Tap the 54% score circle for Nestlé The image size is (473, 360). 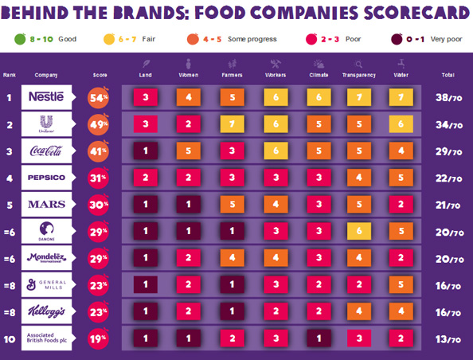tap(99, 96)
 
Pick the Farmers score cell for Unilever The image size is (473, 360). tap(233, 123)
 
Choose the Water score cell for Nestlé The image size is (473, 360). tap(402, 96)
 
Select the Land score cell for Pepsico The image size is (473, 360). tap(146, 177)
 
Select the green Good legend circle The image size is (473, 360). tap(20, 37)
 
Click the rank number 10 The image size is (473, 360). tap(10, 338)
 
